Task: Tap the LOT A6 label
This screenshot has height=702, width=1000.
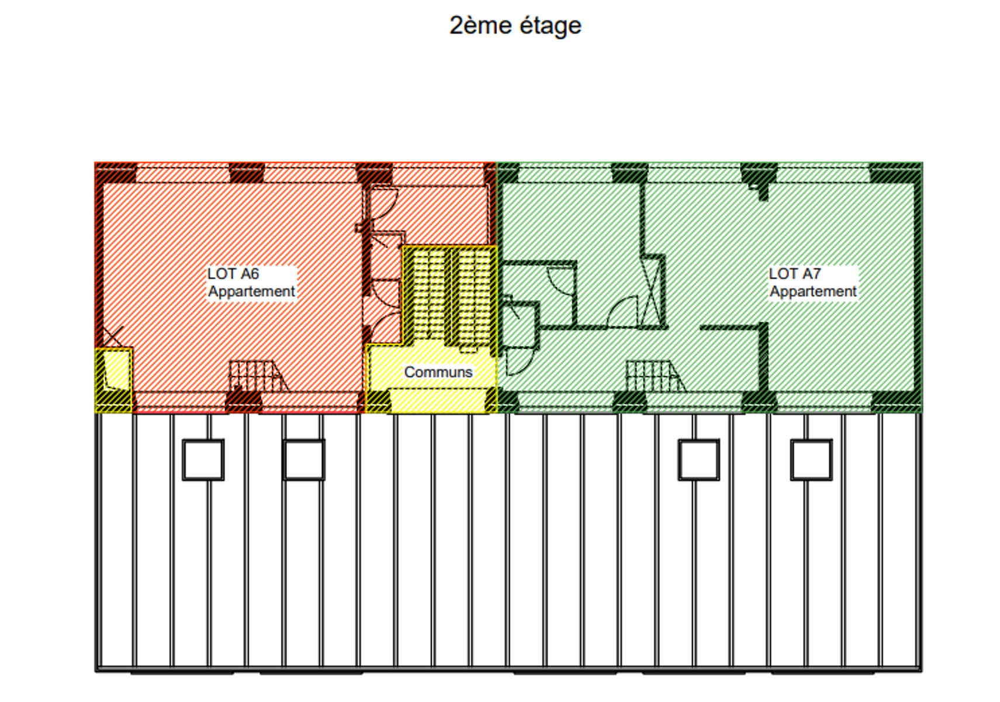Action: [x=233, y=274]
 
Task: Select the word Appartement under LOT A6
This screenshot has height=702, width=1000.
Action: [x=252, y=291]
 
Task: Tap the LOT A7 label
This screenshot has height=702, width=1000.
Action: [x=795, y=274]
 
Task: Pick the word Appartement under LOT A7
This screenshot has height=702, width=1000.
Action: [x=813, y=291]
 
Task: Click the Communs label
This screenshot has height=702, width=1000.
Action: [x=438, y=372]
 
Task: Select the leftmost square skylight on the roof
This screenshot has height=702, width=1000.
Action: [x=203, y=460]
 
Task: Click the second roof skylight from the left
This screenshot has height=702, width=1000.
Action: [x=304, y=460]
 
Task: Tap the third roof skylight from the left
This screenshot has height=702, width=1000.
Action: [x=699, y=460]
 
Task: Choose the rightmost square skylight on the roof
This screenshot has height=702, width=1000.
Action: [x=811, y=460]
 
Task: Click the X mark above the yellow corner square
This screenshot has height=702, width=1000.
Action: [x=113, y=336]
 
